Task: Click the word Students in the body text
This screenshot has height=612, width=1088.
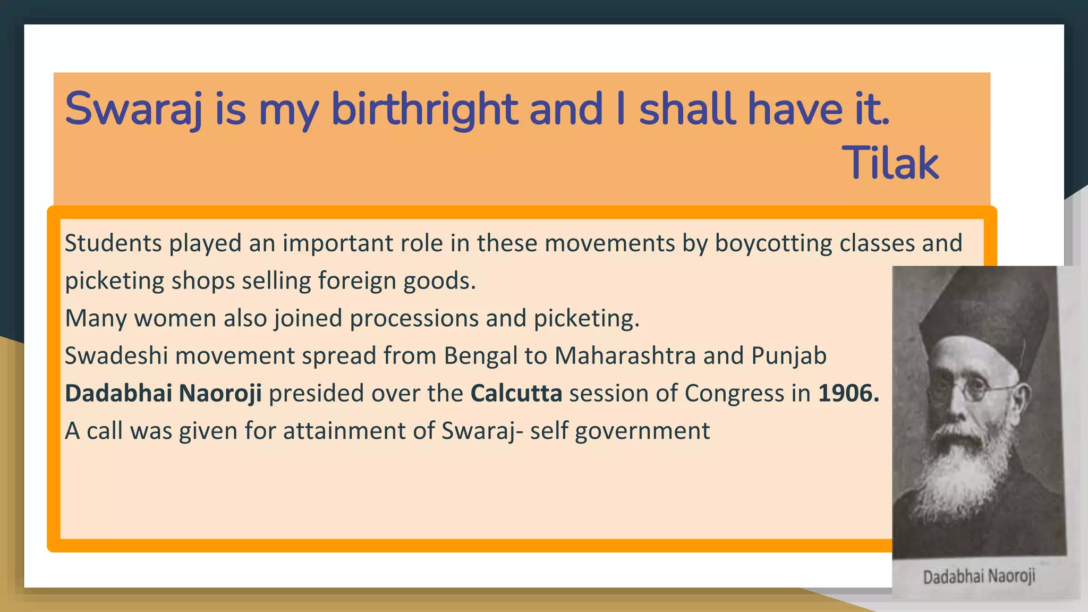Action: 113,243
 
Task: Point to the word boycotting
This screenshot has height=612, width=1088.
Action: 773,243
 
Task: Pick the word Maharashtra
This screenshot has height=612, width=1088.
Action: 625,356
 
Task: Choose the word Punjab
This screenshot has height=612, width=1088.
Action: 789,356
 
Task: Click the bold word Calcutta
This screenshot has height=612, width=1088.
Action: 516,394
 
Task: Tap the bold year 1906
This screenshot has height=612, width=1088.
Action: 848,394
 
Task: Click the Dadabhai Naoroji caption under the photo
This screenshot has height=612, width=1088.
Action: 979,576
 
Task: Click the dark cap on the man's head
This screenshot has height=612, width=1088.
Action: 983,313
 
